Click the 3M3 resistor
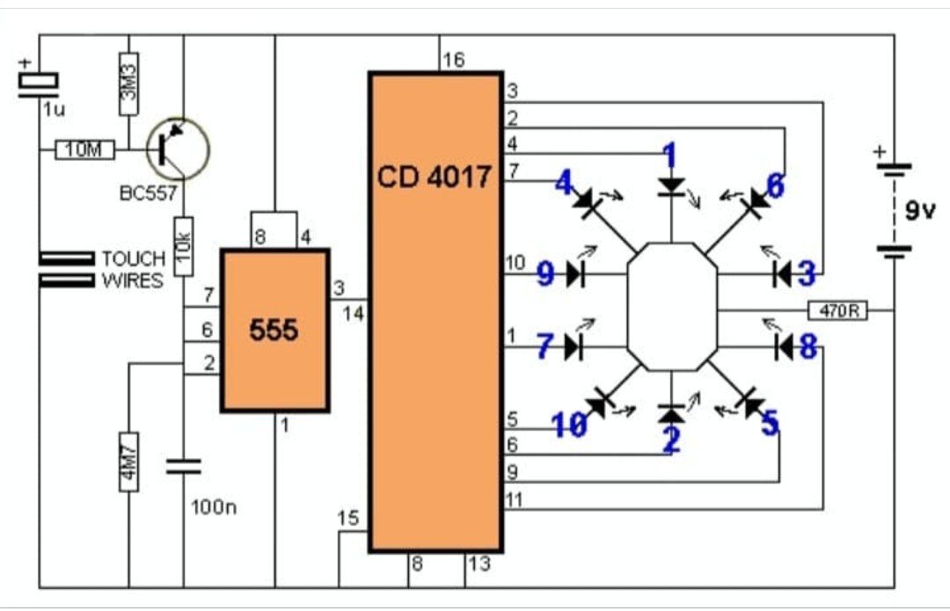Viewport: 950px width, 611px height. tap(129, 84)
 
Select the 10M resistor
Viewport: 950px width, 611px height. tap(84, 149)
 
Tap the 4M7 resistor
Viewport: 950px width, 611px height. tap(128, 462)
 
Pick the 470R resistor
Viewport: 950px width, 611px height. tap(838, 310)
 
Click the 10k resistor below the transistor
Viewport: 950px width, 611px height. tap(184, 246)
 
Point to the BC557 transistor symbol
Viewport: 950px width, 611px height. tap(178, 149)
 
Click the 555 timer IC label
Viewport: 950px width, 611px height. tap(274, 330)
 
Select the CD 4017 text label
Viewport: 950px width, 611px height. tap(434, 177)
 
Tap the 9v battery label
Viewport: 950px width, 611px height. tap(920, 211)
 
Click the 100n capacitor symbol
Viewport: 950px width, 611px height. tap(184, 466)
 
